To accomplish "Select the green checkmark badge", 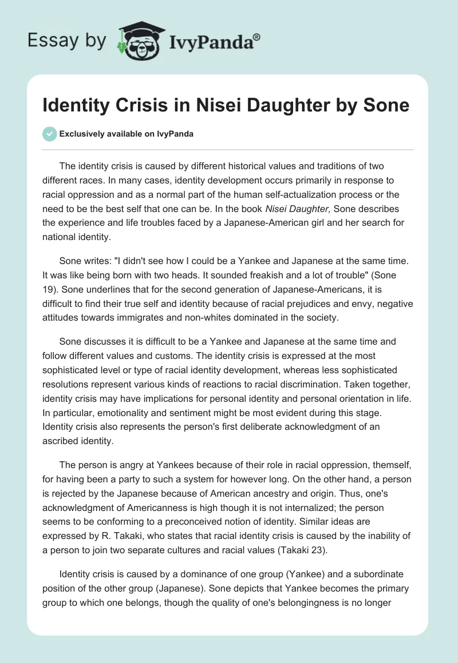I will click(50, 134).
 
